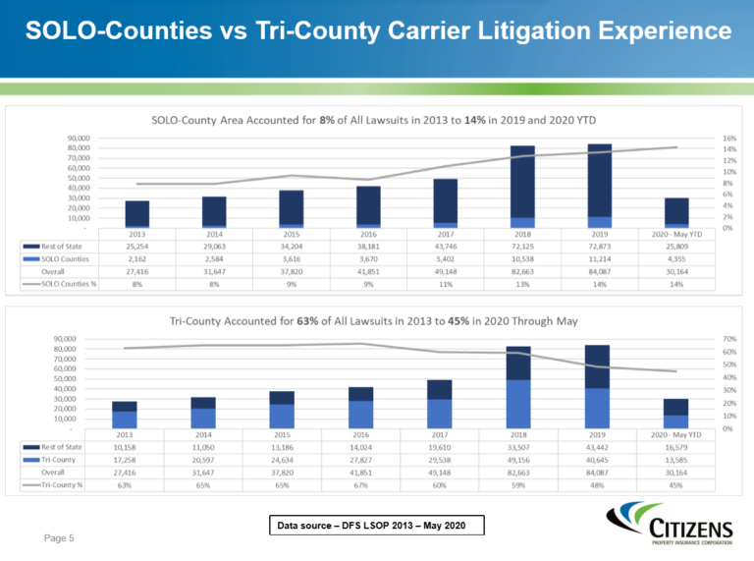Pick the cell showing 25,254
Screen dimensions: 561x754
(136, 246)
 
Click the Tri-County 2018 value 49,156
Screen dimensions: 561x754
(520, 459)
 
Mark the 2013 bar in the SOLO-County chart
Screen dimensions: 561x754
(137, 213)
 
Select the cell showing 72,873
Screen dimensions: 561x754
(598, 246)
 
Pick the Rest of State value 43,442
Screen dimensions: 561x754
(598, 447)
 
